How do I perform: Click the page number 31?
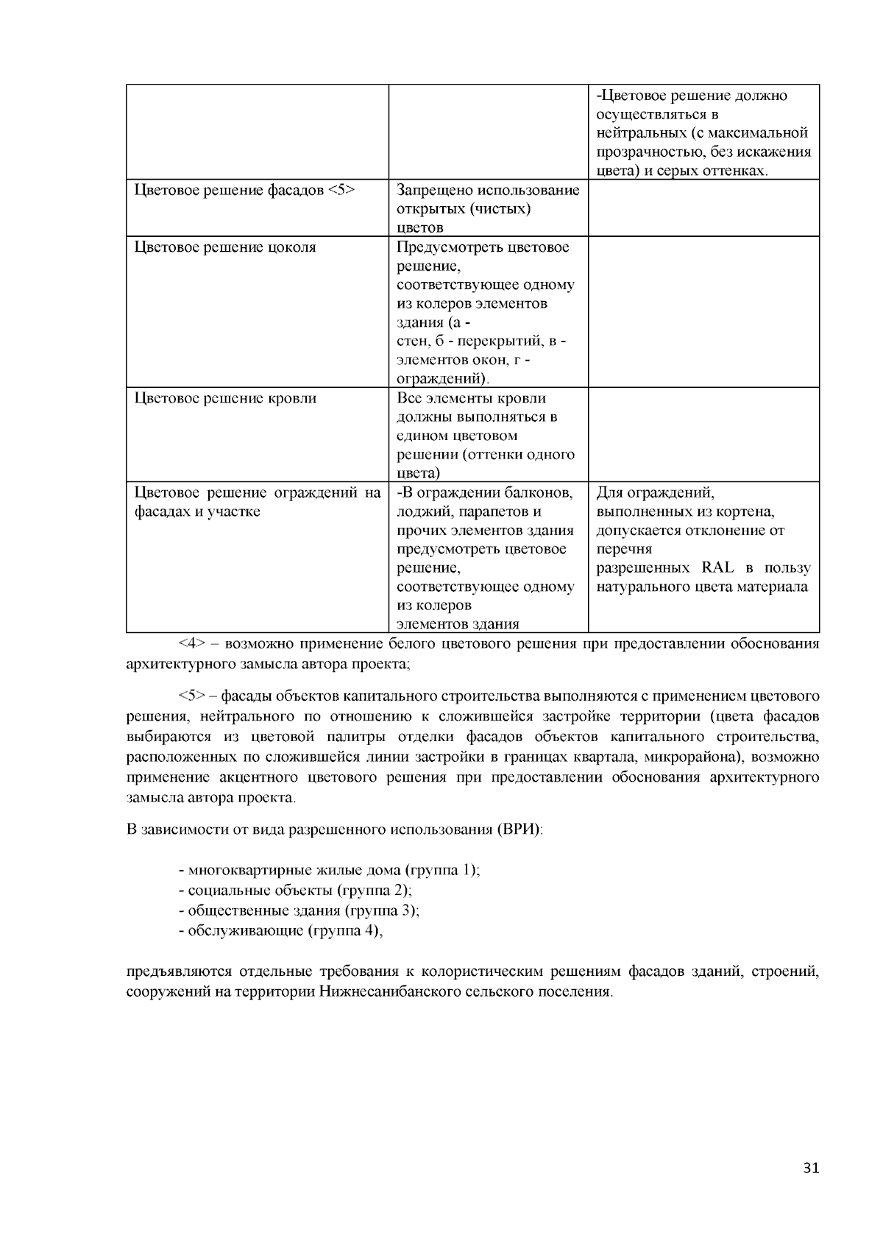[x=811, y=1168]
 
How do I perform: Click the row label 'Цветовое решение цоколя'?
[x=225, y=247]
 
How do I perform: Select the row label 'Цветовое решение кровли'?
[x=225, y=398]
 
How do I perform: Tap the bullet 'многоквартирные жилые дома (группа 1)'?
[x=329, y=870]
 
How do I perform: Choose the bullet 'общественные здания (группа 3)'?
[x=299, y=910]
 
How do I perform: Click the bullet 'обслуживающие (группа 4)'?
[x=282, y=930]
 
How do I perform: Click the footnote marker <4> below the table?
[x=191, y=644]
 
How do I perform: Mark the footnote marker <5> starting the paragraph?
[x=191, y=696]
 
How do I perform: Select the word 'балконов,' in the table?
[x=541, y=492]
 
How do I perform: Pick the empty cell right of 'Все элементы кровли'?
[x=703, y=434]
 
